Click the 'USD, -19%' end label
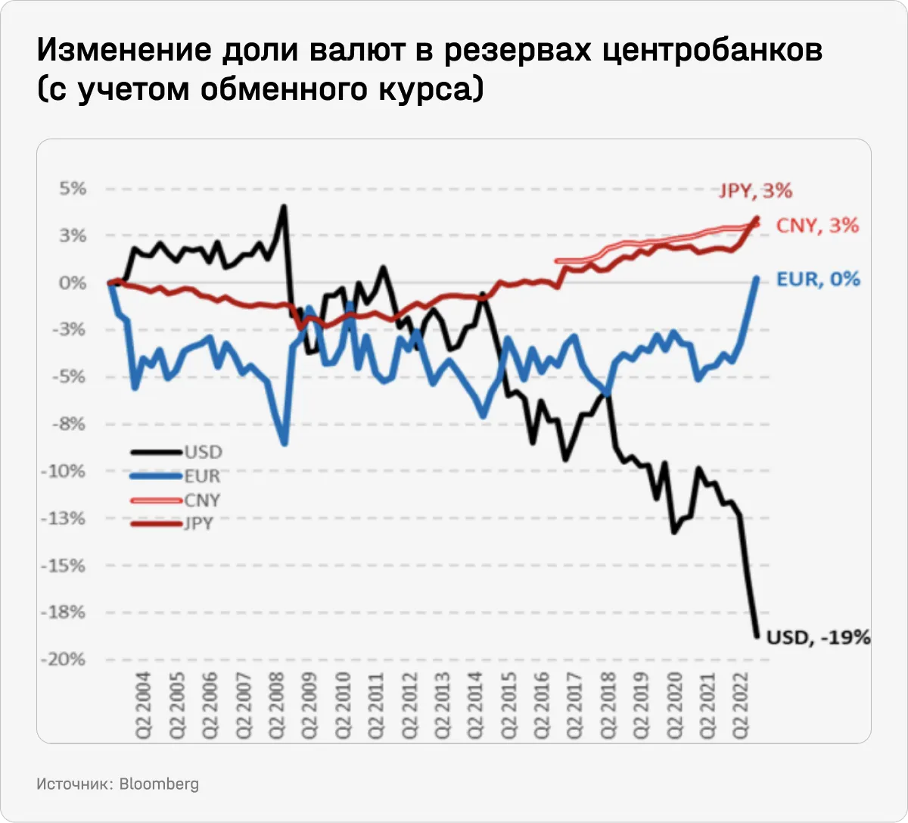coord(818,638)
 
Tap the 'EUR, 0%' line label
coord(818,279)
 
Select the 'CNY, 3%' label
coord(817,226)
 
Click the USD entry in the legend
coord(203,452)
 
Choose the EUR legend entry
coord(202,476)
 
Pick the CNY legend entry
coord(202,500)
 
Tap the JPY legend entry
coord(198,523)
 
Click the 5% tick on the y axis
coord(73,189)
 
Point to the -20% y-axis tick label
coord(63,659)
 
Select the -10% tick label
coord(63,471)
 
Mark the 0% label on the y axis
coord(73,283)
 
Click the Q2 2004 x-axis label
coord(143,704)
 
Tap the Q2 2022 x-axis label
coord(741,704)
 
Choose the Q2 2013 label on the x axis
coord(442,704)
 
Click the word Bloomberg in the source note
coord(159,784)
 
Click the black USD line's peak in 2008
coord(284,206)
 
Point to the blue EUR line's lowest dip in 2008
coord(284,443)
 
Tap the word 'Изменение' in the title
coord(124,51)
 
